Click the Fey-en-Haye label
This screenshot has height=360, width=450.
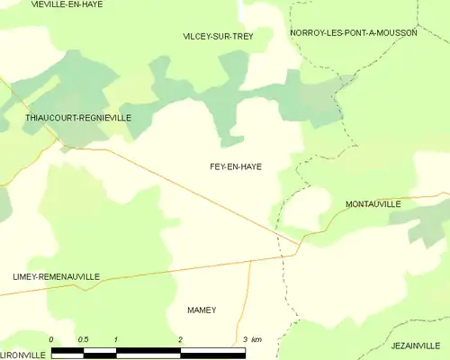(x=235, y=166)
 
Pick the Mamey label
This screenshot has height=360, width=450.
(x=202, y=310)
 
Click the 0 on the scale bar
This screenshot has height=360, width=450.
(x=51, y=339)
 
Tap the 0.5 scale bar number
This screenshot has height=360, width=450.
(x=83, y=339)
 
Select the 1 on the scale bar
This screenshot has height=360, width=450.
(x=116, y=339)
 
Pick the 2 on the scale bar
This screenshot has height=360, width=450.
(x=181, y=339)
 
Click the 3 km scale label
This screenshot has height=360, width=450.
(x=251, y=339)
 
